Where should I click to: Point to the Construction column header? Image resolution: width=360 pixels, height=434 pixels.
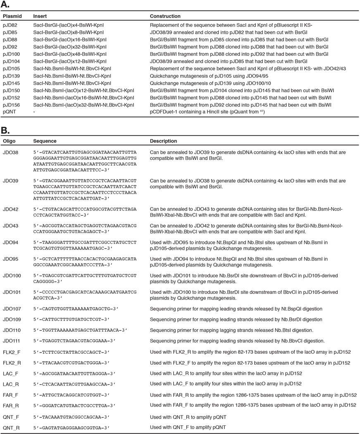[x=165, y=17]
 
